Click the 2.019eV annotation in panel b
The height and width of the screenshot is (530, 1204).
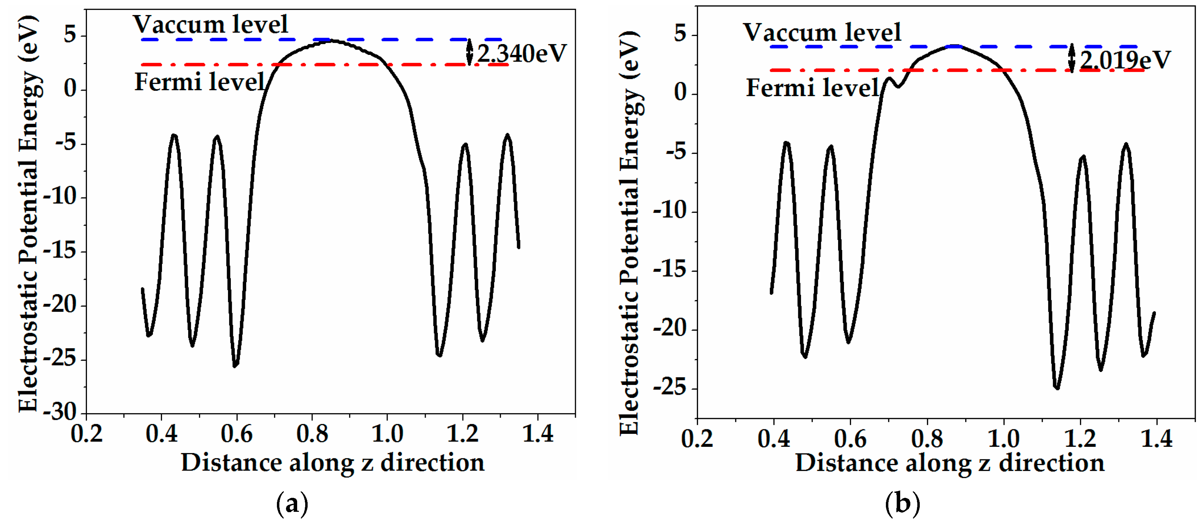[1125, 60]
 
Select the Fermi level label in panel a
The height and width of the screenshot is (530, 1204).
[200, 82]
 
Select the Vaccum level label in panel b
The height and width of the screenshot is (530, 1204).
[822, 33]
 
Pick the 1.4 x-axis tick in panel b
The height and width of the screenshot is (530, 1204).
[1156, 439]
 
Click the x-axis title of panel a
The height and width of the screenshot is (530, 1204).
[333, 463]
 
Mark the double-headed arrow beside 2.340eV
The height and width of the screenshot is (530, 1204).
[470, 52]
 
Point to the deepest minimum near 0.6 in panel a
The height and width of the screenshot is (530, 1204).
[235, 366]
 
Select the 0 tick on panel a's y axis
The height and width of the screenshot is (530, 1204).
[70, 88]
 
